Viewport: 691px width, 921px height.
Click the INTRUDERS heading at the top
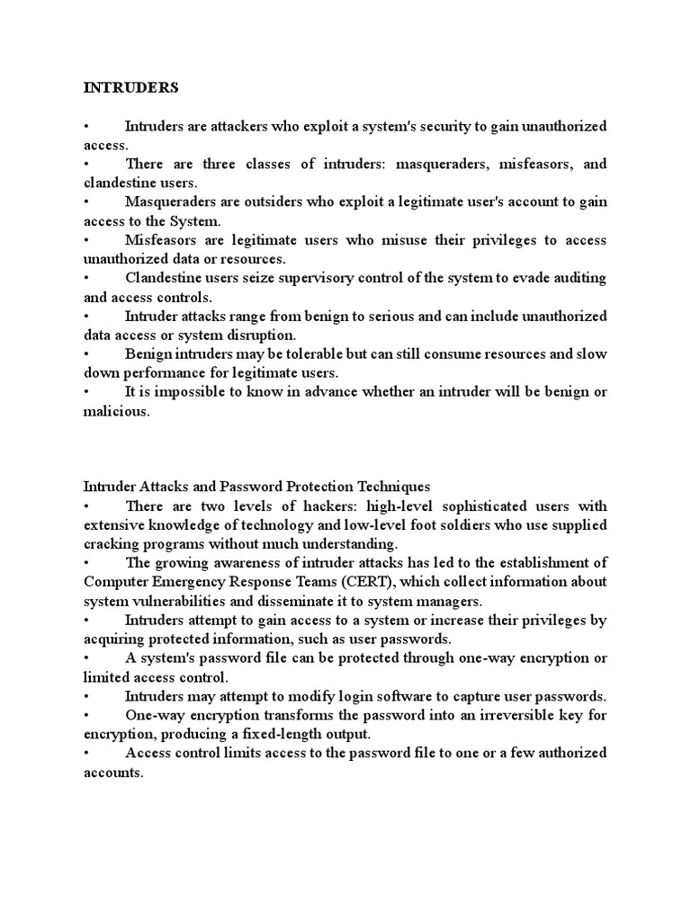tap(131, 87)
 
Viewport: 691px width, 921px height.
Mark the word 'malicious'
tap(116, 411)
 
